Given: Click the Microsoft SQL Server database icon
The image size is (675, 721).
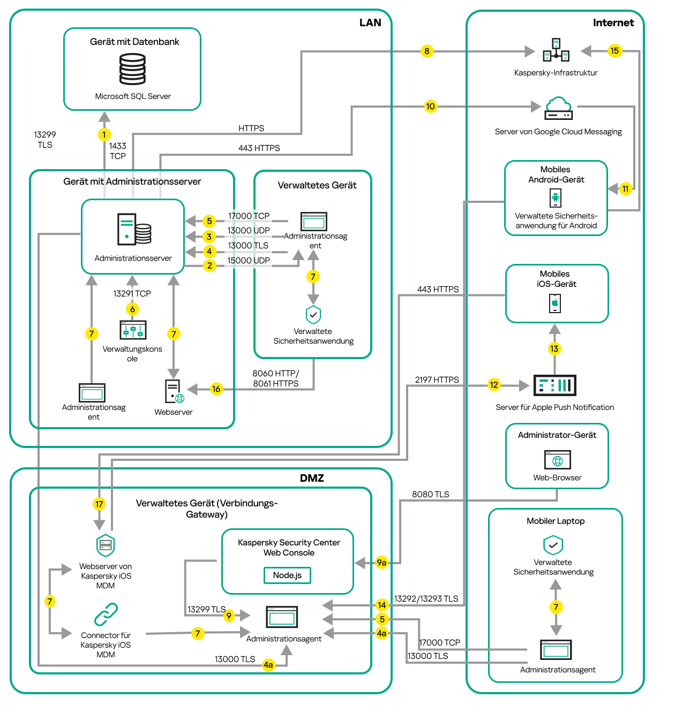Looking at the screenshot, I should [132, 69].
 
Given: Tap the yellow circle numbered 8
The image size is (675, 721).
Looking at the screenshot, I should [426, 51].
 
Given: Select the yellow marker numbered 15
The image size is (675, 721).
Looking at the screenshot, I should [614, 51].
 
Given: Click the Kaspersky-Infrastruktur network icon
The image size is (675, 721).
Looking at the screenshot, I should [556, 50].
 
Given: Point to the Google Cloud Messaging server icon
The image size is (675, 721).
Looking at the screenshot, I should [558, 108].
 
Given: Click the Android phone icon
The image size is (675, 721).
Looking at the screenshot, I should [556, 198].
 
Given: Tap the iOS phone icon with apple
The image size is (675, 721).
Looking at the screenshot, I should [555, 303].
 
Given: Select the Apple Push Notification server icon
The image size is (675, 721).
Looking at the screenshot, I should [555, 385].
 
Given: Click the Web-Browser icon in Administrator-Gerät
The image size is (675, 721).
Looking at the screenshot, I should [557, 460].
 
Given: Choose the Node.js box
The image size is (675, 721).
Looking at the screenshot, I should [287, 575].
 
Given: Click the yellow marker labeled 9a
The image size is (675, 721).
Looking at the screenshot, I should [381, 563].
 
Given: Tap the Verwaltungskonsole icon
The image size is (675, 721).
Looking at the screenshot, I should [133, 330].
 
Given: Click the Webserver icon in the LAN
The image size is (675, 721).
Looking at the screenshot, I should [174, 391].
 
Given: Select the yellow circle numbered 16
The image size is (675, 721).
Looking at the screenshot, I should [216, 389].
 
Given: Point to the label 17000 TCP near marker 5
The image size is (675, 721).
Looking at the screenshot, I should [249, 216].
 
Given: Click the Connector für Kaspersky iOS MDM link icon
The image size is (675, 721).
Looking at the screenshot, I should [106, 614].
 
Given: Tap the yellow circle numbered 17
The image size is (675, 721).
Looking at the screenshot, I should [99, 504].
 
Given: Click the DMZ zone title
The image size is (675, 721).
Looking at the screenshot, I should [312, 478].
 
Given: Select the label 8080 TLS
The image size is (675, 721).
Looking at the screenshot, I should [430, 495].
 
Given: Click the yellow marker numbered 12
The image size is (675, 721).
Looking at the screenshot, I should [494, 385].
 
